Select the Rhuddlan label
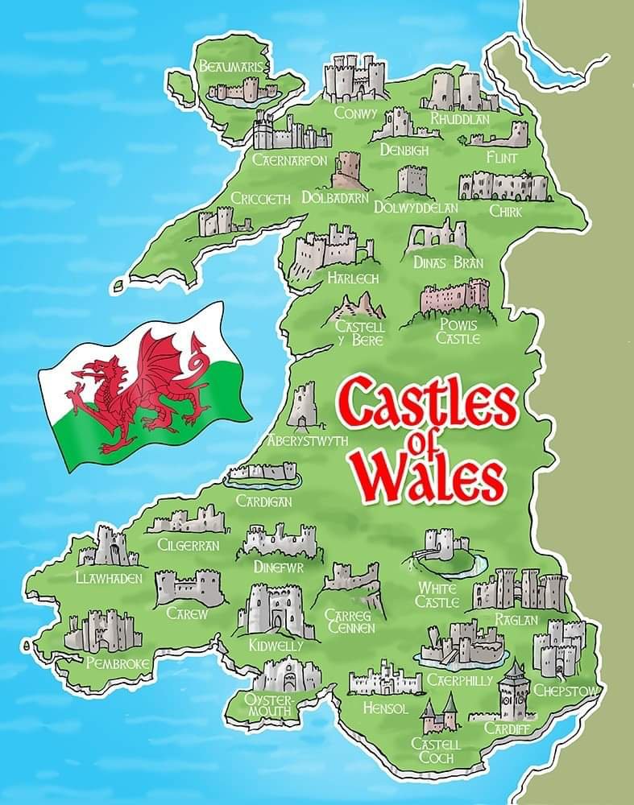pos(460,118)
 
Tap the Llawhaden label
pos(109,577)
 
